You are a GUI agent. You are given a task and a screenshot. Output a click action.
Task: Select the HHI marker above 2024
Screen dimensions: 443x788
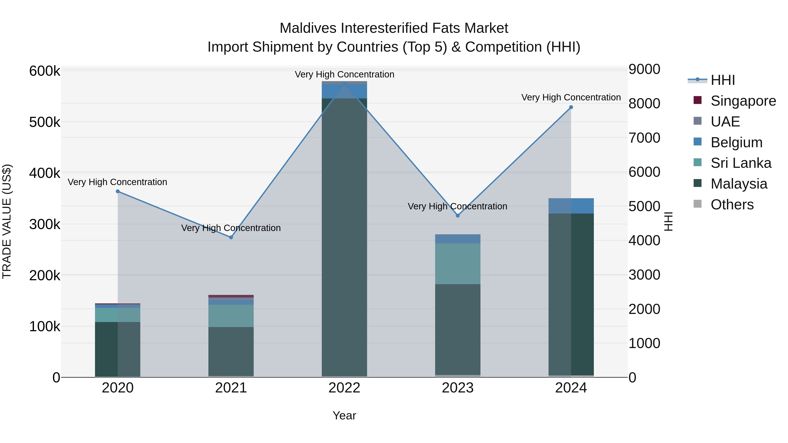pyautogui.click(x=571, y=107)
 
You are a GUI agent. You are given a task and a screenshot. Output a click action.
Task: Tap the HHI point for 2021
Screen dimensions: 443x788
pyautogui.click(x=231, y=237)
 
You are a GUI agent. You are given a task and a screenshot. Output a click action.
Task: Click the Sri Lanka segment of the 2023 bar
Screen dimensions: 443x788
pyautogui.click(x=458, y=264)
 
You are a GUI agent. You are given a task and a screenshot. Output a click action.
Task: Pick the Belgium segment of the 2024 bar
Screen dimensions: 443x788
pyautogui.click(x=571, y=206)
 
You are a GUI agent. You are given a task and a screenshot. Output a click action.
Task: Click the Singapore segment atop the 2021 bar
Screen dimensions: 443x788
pyautogui.click(x=231, y=296)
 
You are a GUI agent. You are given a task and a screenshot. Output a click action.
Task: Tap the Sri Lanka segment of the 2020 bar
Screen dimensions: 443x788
pyautogui.click(x=118, y=315)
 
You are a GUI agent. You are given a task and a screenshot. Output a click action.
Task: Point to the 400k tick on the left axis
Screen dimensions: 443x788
pyautogui.click(x=45, y=173)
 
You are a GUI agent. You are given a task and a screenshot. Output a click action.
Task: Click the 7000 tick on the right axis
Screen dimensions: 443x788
pyautogui.click(x=644, y=138)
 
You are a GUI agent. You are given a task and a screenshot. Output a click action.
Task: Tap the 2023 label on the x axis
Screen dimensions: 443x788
pyautogui.click(x=458, y=388)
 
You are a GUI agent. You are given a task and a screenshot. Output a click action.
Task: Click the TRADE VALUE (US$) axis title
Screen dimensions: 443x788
pyautogui.click(x=7, y=221)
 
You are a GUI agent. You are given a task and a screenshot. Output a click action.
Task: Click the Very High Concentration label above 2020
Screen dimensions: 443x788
pyautogui.click(x=118, y=182)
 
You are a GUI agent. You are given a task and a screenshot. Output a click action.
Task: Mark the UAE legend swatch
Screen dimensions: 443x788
pyautogui.click(x=697, y=121)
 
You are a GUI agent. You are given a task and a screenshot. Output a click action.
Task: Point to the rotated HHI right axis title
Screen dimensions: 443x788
pyautogui.click(x=669, y=221)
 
